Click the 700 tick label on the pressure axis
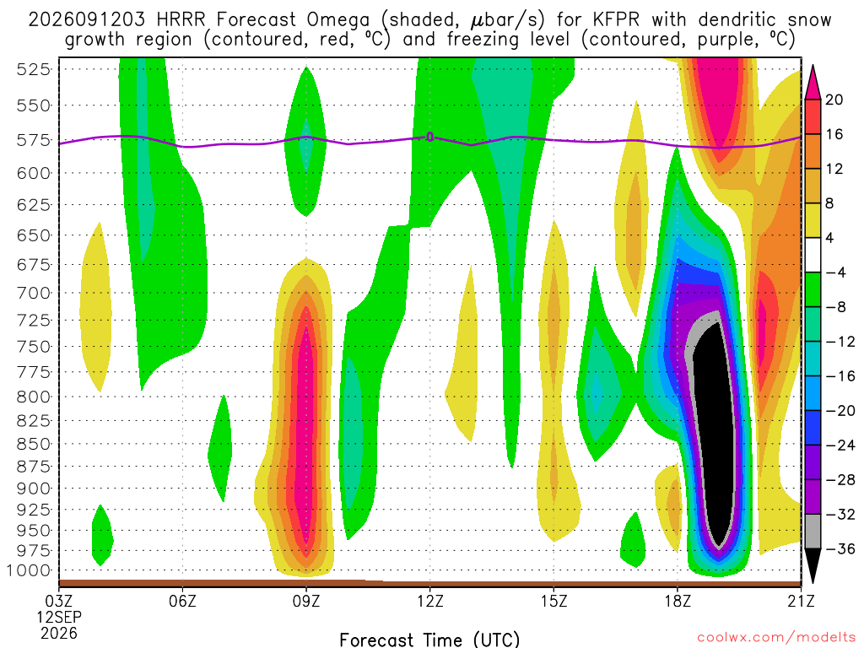[34, 293]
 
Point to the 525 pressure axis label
[34, 69]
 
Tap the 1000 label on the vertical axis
[30, 570]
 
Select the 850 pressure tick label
[34, 444]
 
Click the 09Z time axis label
[306, 600]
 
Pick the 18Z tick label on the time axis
[678, 600]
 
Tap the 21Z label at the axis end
[802, 600]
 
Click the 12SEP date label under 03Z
[59, 617]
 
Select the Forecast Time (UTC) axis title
[429, 640]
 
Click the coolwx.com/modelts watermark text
[776, 638]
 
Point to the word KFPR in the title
[617, 20]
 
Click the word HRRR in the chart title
[181, 20]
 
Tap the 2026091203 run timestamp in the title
[87, 20]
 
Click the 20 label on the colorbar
[834, 100]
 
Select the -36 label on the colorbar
[840, 548]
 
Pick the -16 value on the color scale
[840, 375]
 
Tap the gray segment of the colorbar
[813, 532]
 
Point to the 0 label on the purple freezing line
[430, 137]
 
